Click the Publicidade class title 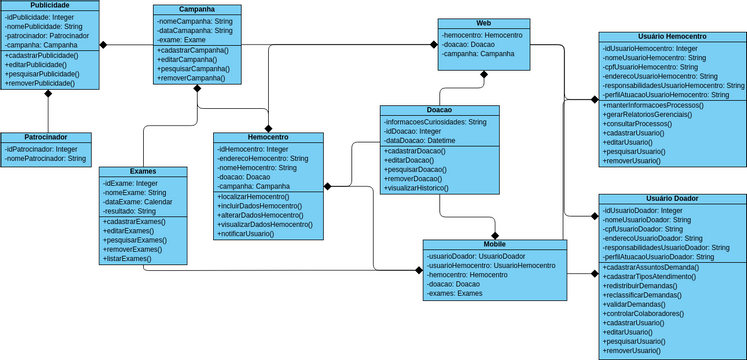point(50,6)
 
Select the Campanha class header point(198,9)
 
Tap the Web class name point(483,22)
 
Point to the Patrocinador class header point(47,137)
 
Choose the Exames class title point(142,172)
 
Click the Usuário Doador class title point(672,199)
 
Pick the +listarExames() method point(127,259)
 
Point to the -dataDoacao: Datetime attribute point(420,141)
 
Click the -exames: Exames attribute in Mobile point(455,294)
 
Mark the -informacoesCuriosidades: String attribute point(435,121)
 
